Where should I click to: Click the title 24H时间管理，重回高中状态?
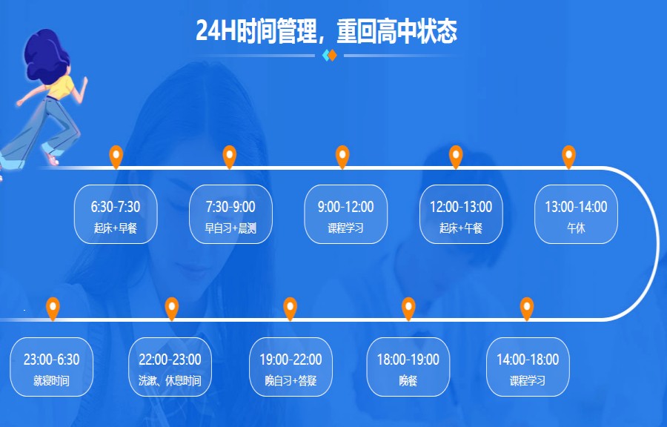tap(326, 31)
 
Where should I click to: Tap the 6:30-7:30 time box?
tap(116, 214)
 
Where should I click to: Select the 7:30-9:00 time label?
tap(230, 207)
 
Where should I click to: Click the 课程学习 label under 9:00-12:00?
tap(345, 228)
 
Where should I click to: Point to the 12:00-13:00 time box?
tap(461, 214)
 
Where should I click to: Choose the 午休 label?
tap(576, 228)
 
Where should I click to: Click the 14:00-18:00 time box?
tap(528, 367)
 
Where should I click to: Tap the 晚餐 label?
tap(408, 381)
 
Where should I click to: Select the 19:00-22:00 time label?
tap(291, 360)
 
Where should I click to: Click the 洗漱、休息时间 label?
tap(170, 381)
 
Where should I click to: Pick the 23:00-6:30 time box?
tap(51, 367)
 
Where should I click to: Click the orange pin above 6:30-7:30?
tap(116, 156)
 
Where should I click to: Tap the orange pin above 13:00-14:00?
tap(568, 156)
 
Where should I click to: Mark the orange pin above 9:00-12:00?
tap(342, 156)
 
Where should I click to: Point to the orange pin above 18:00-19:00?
tap(408, 308)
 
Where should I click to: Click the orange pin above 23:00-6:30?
tap(53, 308)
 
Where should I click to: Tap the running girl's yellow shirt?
tap(61, 86)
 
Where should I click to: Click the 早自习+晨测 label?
tap(230, 228)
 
